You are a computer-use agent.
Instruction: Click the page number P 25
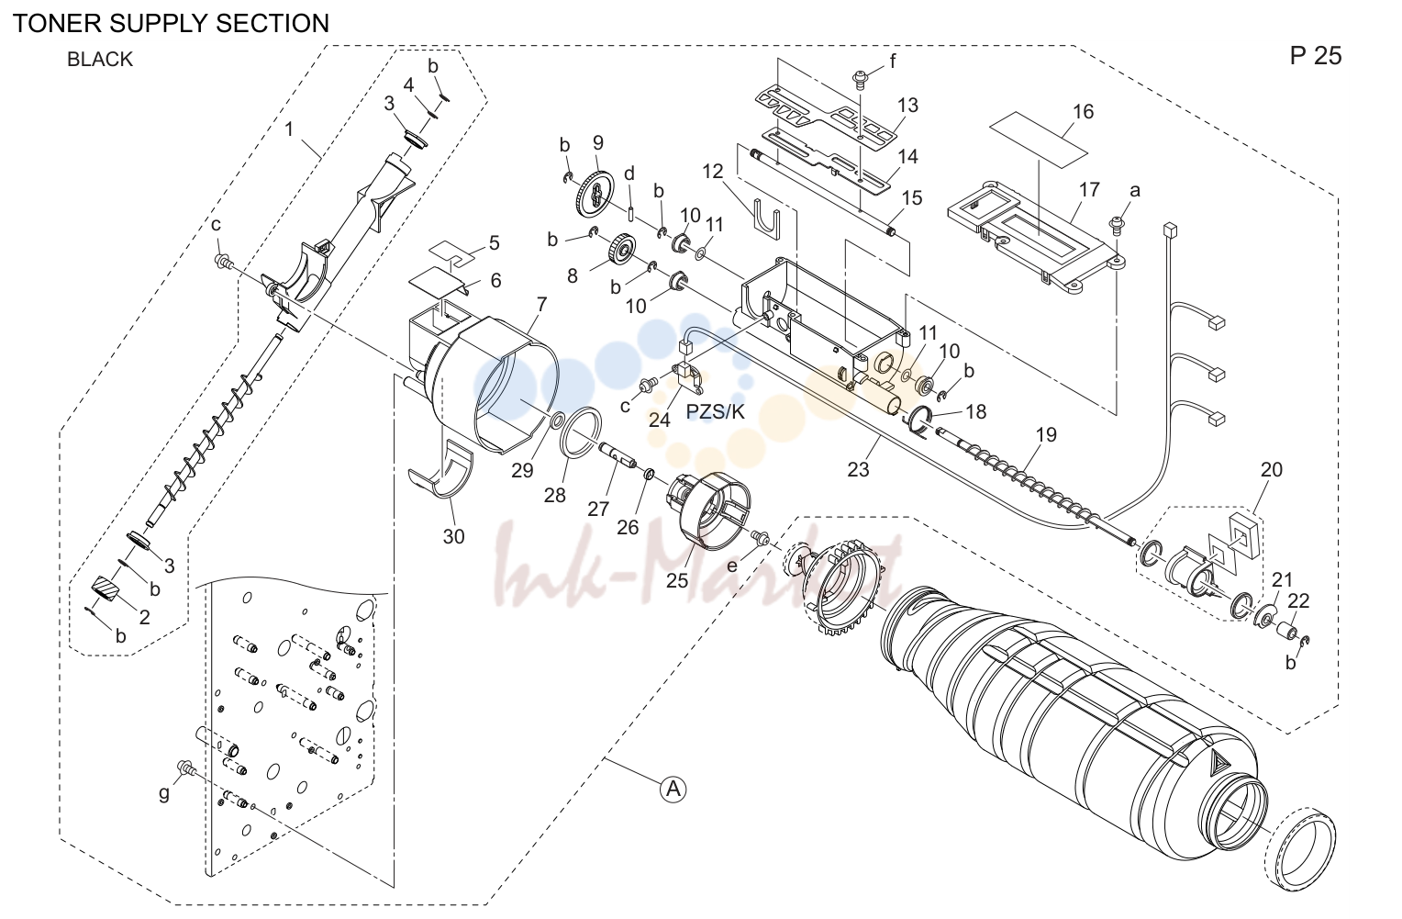pyautogui.click(x=1316, y=56)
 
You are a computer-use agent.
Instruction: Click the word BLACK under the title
pyautogui.click(x=100, y=60)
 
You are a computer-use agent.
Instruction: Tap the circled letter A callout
pyautogui.click(x=673, y=789)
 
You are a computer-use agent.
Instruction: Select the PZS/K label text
pyautogui.click(x=716, y=411)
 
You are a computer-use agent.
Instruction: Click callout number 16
pyautogui.click(x=1083, y=111)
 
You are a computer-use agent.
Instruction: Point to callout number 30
pyautogui.click(x=454, y=536)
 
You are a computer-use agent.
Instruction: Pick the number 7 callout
pyautogui.click(x=541, y=305)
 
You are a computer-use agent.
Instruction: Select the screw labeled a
pyautogui.click(x=1116, y=223)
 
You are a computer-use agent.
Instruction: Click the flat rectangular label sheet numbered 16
pyautogui.click(x=1039, y=140)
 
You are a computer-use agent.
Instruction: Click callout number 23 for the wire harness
pyautogui.click(x=858, y=468)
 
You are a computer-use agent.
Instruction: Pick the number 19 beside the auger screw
pyautogui.click(x=1045, y=435)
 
